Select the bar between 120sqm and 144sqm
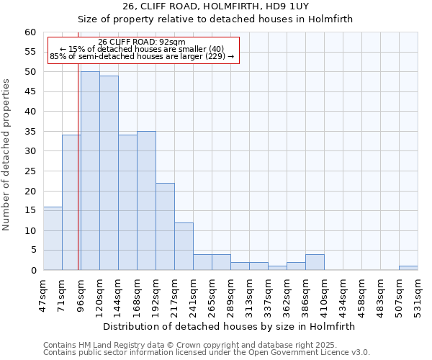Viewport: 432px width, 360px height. pyautogui.click(x=109, y=173)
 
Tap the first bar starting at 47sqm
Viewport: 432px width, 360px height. pyautogui.click(x=53, y=238)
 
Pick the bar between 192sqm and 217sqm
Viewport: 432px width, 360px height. pyautogui.click(x=165, y=226)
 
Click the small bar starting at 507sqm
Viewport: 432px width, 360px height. pyautogui.click(x=408, y=268)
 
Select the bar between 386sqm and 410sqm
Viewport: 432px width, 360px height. pyautogui.click(x=315, y=262)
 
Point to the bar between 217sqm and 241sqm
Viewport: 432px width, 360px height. pyautogui.click(x=184, y=246)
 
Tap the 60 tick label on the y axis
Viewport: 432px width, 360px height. pyautogui.click(x=30, y=32)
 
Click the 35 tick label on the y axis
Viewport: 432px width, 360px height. pyautogui.click(x=30, y=132)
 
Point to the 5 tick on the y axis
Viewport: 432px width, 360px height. pyautogui.click(x=32, y=251)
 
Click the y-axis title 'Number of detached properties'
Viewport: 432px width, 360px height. pyautogui.click(x=7, y=155)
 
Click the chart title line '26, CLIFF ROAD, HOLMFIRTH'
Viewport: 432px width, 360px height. pyautogui.click(x=216, y=6)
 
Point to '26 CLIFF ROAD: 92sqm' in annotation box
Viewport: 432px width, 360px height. pyautogui.click(x=142, y=42)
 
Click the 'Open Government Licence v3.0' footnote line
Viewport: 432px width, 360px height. pyautogui.click(x=207, y=353)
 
